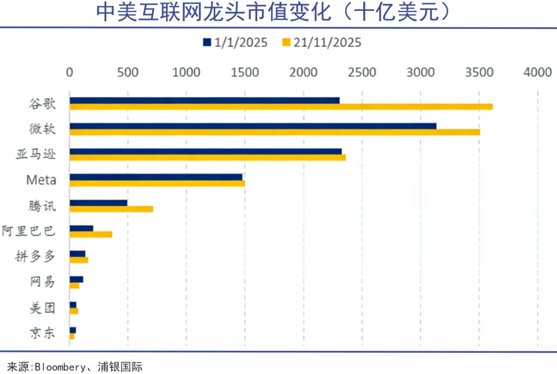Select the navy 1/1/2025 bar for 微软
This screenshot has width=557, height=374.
coord(253,126)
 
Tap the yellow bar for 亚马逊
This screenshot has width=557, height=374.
coord(207,158)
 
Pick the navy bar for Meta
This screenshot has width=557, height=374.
coord(156,177)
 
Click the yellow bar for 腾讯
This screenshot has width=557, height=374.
coord(111,209)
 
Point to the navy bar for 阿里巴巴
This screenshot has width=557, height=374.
coord(81,228)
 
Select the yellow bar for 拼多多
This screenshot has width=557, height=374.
coord(79,260)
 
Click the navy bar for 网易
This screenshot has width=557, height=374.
coord(76,279)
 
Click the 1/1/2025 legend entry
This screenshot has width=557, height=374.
coord(235,42)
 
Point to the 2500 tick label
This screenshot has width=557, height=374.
coord(362,73)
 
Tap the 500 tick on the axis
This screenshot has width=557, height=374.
coord(128,73)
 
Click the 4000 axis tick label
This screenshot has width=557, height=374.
coord(537,73)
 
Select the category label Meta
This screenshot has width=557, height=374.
coord(41,180)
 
